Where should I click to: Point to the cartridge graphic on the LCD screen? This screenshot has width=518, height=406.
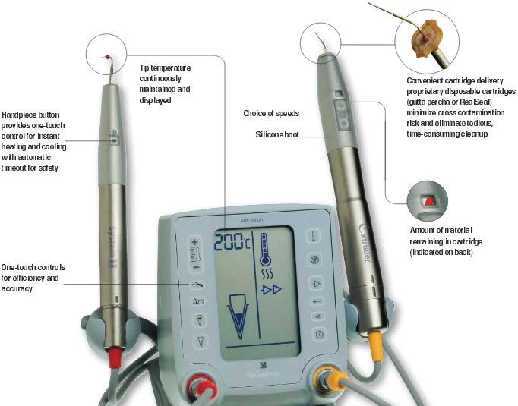coord(238,317)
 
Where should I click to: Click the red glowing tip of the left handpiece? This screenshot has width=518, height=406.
coord(108,56)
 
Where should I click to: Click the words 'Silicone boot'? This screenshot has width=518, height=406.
coord(277,135)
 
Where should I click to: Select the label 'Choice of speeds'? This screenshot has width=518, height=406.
coord(270,114)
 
